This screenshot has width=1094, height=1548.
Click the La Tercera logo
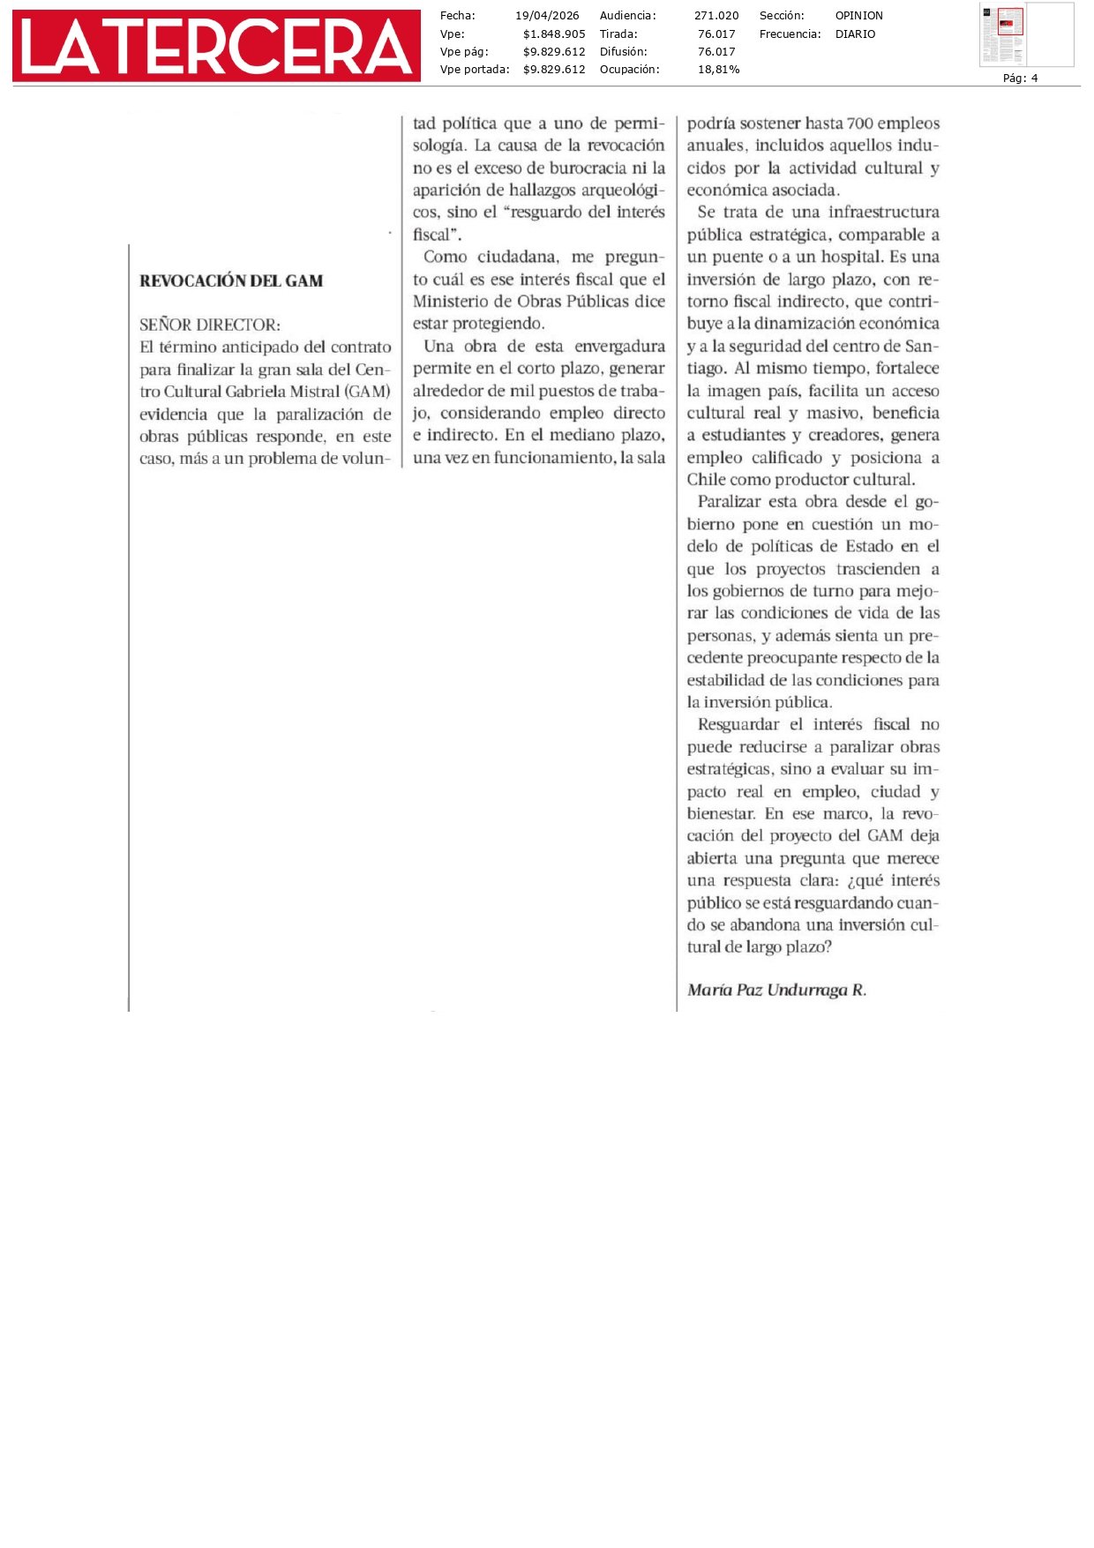click(216, 46)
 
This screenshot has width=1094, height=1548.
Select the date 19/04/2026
click(547, 16)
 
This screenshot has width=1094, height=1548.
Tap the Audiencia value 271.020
click(716, 16)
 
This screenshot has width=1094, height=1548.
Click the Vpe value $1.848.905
click(553, 34)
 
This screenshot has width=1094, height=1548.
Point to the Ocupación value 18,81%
click(718, 70)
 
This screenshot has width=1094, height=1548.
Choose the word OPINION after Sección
click(858, 16)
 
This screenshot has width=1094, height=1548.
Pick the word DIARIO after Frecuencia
click(855, 34)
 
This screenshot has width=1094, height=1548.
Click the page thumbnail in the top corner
click(1026, 34)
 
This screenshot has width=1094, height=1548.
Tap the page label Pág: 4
click(1020, 79)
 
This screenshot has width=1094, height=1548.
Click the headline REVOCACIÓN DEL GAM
click(231, 281)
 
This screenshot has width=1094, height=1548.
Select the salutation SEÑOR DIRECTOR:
click(210, 325)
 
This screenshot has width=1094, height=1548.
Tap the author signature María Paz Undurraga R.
click(776, 990)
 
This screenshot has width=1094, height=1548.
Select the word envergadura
click(619, 347)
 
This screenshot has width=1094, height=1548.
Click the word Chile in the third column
click(707, 480)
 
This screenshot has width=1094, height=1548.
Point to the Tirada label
click(618, 34)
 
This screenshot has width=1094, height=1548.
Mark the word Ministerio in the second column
click(452, 302)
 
